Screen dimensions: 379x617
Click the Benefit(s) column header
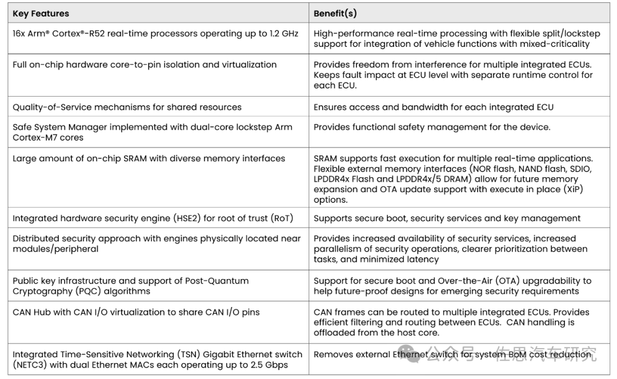pos(335,13)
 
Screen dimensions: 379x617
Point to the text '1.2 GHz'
pos(282,34)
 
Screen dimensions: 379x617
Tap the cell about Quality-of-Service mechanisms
pos(127,107)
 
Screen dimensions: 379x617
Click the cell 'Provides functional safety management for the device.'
pos(432,127)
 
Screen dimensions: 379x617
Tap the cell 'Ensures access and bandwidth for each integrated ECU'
pos(433,107)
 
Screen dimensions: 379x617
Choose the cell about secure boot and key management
pos(447,218)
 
